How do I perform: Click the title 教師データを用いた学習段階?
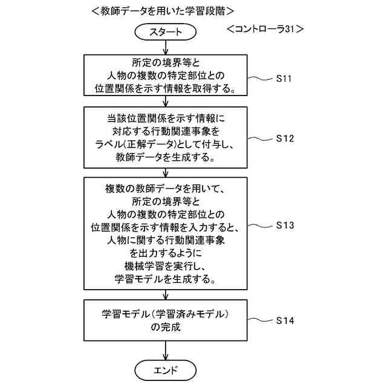pos(163,10)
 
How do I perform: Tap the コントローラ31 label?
pos(264,29)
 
